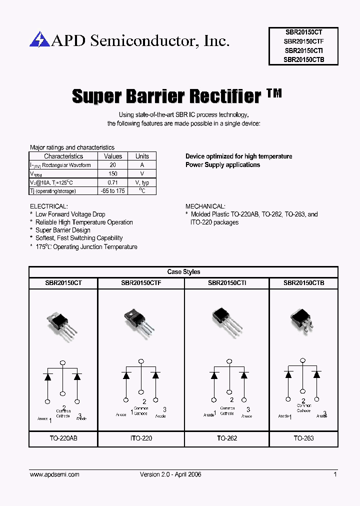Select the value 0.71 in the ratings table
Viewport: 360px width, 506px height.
click(113, 182)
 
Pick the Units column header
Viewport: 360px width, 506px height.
click(142, 156)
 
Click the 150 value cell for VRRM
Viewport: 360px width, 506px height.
click(113, 173)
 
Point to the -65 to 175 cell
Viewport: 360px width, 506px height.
click(113, 191)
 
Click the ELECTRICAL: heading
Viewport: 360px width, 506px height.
click(48, 206)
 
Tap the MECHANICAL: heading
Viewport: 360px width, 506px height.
click(205, 206)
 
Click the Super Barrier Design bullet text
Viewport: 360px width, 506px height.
click(63, 230)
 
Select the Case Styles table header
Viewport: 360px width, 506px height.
click(183, 272)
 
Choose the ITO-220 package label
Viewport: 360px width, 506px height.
click(141, 438)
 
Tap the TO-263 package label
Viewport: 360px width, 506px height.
click(303, 438)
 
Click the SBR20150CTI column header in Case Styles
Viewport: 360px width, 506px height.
click(227, 283)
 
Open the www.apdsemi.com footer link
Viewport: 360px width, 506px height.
click(54, 474)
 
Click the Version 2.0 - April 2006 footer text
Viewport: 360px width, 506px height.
click(170, 474)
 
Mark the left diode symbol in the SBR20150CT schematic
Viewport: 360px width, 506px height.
click(48, 376)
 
